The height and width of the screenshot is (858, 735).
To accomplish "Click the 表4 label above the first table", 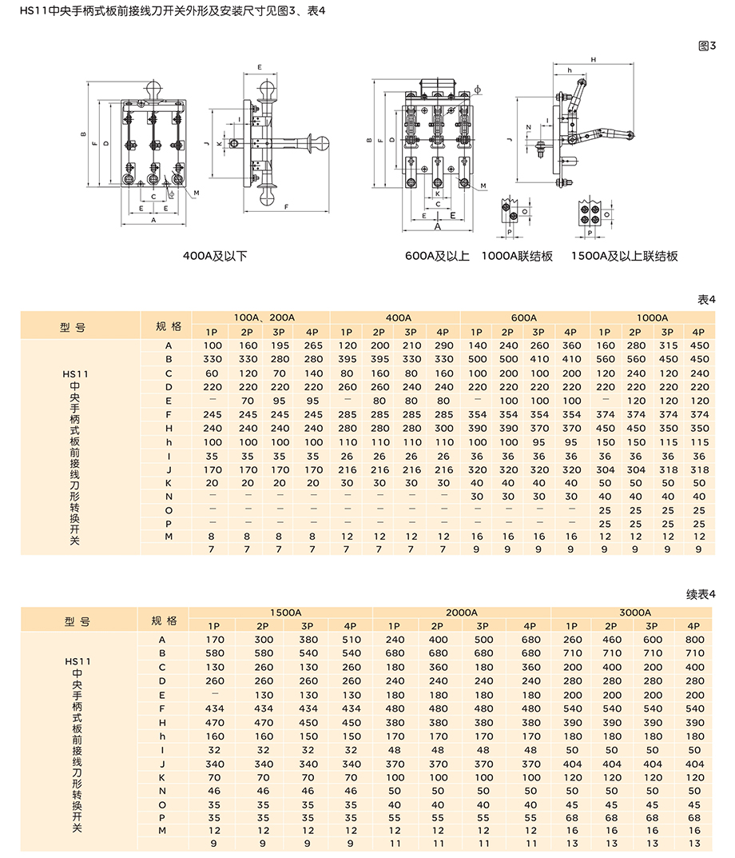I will click(x=706, y=300).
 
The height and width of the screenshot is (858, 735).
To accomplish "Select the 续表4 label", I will click(x=701, y=594).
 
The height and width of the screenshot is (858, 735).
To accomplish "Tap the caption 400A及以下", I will click(x=215, y=256).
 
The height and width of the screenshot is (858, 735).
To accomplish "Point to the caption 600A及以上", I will click(x=437, y=256).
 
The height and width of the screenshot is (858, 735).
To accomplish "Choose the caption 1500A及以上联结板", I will click(x=625, y=256).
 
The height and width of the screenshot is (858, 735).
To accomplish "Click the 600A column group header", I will click(x=523, y=317).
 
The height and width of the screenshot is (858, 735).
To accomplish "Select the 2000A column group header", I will click(x=461, y=612).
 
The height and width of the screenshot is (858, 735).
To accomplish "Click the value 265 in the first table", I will click(x=313, y=345).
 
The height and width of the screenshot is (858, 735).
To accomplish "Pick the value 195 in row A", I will click(x=280, y=345).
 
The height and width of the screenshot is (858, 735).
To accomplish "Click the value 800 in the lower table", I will click(x=694, y=639).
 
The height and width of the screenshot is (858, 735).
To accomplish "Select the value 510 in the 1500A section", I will click(x=351, y=639).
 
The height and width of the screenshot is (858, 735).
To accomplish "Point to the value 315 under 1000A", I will click(x=668, y=345).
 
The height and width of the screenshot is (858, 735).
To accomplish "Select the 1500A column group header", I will click(x=285, y=612).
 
